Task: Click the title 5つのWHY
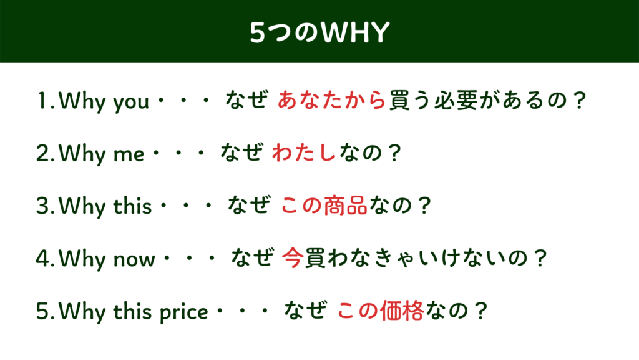pos(319,32)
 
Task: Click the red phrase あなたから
pos(332,100)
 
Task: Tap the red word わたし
pos(304,152)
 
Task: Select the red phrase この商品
pos(324,205)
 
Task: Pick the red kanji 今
pos(293,258)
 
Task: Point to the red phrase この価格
pos(381,311)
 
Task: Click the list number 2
pos(43,154)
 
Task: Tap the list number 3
pos(43,206)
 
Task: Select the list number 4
pos(43,259)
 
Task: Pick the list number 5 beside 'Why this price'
pos(43,311)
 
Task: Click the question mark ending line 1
pos(578,101)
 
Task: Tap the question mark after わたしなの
pos(394,153)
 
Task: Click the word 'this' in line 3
pos(132,206)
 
